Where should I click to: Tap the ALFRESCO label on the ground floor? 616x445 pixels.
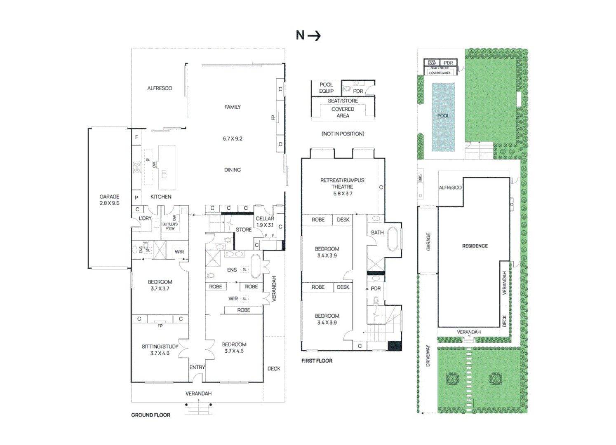pyautogui.click(x=160, y=88)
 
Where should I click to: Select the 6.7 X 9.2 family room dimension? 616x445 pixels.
pyautogui.click(x=233, y=139)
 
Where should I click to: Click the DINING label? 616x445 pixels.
pyautogui.click(x=233, y=170)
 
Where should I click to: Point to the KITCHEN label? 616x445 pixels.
pyautogui.click(x=161, y=197)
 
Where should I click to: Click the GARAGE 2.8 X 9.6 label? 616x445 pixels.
pyautogui.click(x=109, y=200)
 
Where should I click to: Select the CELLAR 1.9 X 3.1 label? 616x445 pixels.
pyautogui.click(x=265, y=222)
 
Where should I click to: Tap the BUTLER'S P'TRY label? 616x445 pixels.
pyautogui.click(x=170, y=227)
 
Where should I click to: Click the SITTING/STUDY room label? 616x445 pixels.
pyautogui.click(x=160, y=350)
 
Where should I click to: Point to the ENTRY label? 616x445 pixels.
pyautogui.click(x=197, y=368)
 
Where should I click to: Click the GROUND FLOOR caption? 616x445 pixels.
pyautogui.click(x=150, y=415)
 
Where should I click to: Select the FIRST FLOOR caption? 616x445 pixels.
pyautogui.click(x=317, y=361)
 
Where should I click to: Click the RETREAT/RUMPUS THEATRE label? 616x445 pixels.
pyautogui.click(x=342, y=187)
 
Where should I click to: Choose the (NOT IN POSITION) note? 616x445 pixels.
pyautogui.click(x=343, y=134)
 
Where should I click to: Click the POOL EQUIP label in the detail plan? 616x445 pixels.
pyautogui.click(x=326, y=88)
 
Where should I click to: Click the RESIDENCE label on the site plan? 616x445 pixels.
pyautogui.click(x=475, y=246)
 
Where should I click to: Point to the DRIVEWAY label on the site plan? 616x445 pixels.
pyautogui.click(x=428, y=356)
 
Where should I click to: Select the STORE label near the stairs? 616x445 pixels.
pyautogui.click(x=243, y=230)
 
